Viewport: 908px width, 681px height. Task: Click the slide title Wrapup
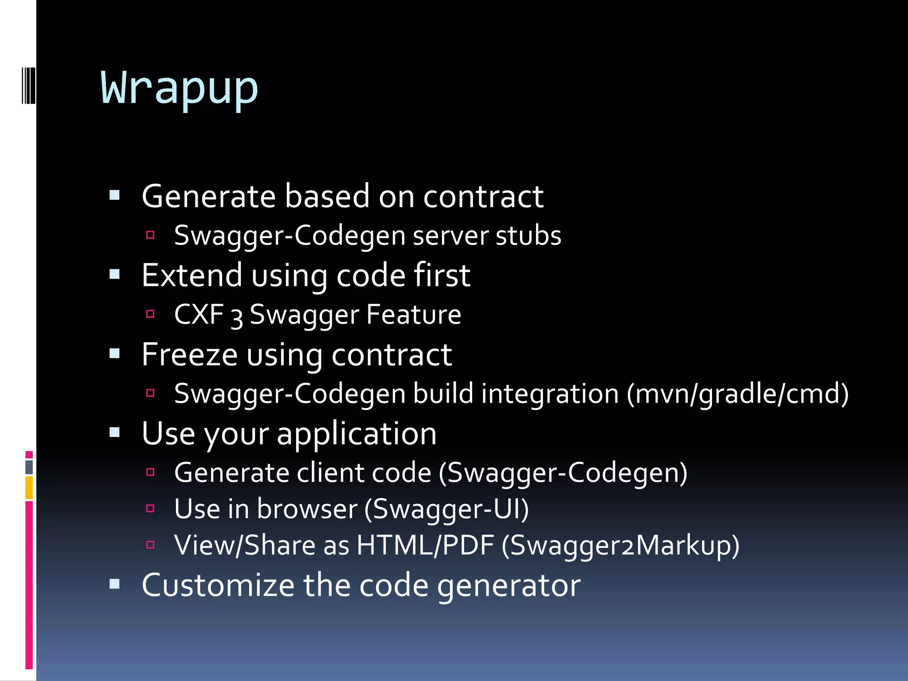pos(179,88)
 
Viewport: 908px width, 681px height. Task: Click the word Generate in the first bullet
pos(209,196)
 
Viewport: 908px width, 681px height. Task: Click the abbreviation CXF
pos(199,315)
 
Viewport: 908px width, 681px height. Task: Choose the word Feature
pos(414,315)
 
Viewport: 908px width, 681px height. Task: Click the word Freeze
pos(190,355)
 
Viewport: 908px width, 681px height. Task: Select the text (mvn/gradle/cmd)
pos(737,394)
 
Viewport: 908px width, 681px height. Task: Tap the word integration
pos(550,394)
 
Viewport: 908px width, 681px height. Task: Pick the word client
pos(331,473)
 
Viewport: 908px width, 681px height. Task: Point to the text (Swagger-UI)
pos(446,509)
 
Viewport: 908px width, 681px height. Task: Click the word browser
pos(307,509)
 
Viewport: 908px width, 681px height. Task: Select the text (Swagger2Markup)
pos(620,545)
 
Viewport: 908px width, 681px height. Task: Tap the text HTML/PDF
pos(425,545)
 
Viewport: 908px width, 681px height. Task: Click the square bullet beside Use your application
pos(115,432)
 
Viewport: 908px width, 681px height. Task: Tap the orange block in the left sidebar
pos(29,488)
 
